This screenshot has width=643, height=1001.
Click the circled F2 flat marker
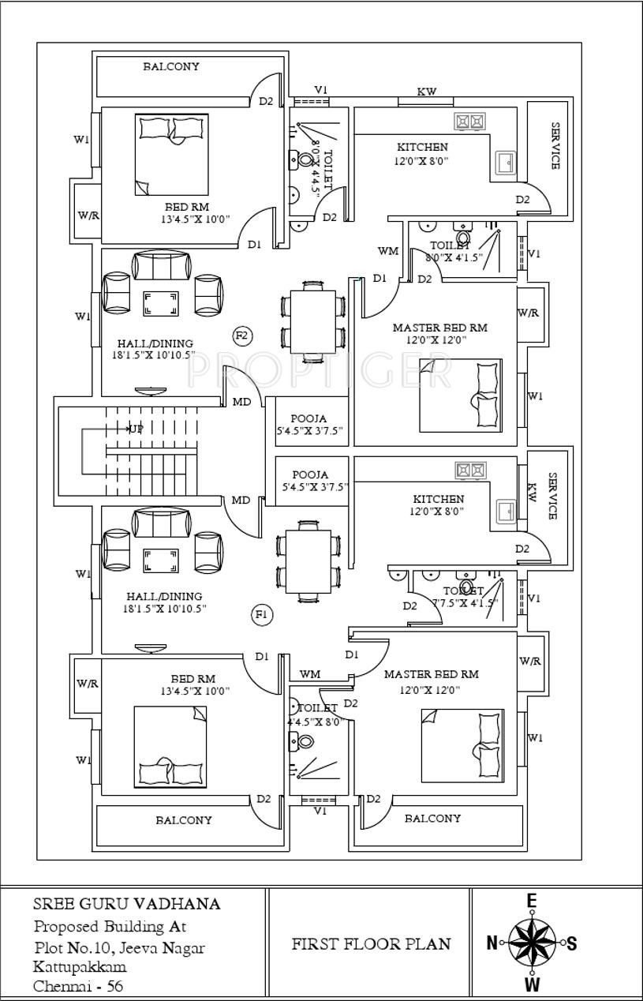tap(242, 336)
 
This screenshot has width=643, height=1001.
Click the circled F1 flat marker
tap(262, 614)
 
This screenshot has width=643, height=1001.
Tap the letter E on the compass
tap(532, 902)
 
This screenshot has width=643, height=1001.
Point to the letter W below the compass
tap(533, 985)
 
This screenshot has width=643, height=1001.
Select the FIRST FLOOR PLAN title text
tap(372, 943)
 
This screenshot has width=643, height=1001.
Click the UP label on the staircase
tap(136, 429)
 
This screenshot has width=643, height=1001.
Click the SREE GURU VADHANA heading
tap(126, 904)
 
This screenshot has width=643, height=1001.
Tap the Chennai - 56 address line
tap(78, 986)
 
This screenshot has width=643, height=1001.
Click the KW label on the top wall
tap(427, 92)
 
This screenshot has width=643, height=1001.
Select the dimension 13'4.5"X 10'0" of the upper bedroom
tap(195, 219)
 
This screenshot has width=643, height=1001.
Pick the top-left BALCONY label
tap(171, 66)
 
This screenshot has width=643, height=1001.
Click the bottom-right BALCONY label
tap(432, 819)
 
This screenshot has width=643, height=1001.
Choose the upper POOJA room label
tap(308, 418)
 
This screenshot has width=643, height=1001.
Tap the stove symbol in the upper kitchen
tap(470, 121)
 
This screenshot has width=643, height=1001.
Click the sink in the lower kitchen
tap(505, 508)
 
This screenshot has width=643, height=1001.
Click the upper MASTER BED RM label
tap(439, 328)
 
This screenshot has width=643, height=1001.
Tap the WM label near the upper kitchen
tap(387, 251)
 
